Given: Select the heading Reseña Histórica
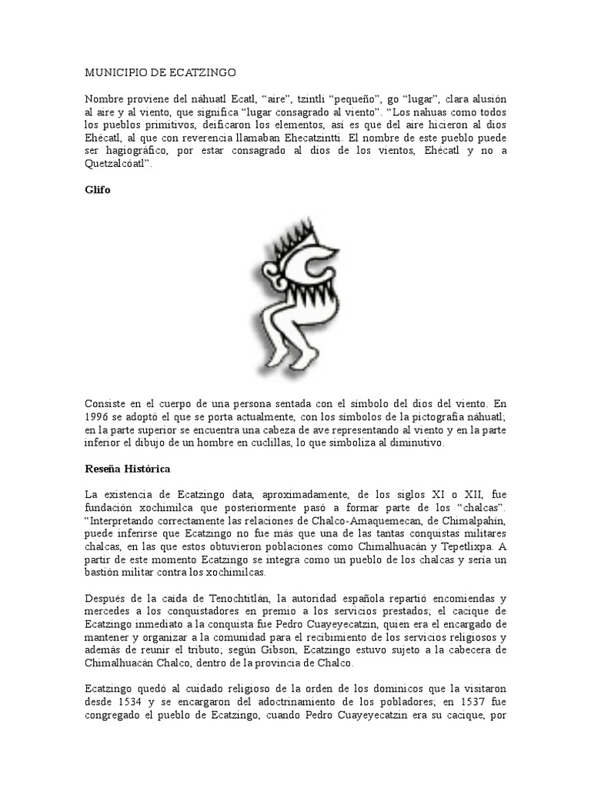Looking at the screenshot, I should pyautogui.click(x=127, y=468).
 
